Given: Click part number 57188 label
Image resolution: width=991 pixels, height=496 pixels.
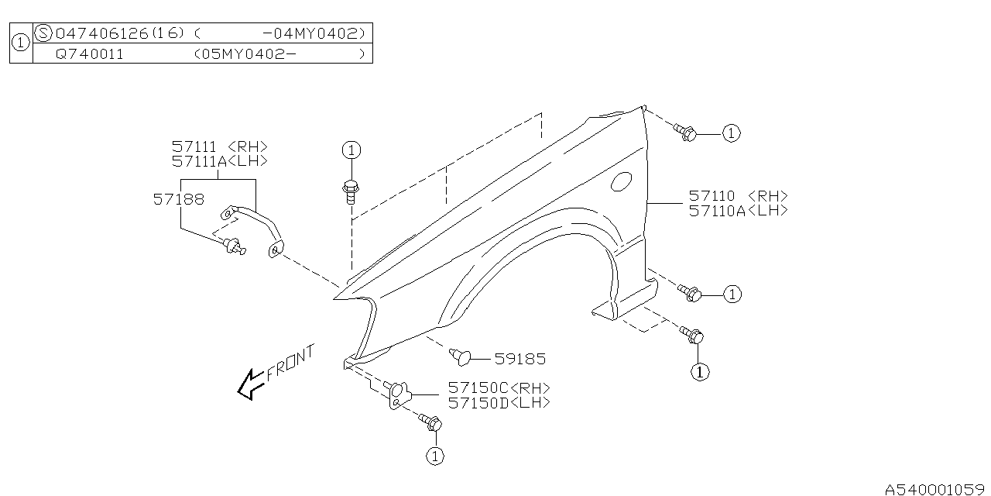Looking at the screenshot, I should [x=178, y=199].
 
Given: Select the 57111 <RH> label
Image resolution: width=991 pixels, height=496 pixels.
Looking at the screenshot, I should [x=219, y=146].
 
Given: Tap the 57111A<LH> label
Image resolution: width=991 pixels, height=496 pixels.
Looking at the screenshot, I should [x=219, y=161].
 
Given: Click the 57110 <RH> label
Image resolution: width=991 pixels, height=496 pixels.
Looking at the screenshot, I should [x=738, y=197].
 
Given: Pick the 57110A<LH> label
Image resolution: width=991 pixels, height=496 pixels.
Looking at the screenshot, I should [x=738, y=211].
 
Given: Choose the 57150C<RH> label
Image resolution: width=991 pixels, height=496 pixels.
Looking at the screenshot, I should [x=499, y=388].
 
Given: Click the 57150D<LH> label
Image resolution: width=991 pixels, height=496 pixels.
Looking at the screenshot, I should [x=499, y=403].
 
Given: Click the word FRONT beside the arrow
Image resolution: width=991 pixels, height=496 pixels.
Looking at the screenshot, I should [x=291, y=363].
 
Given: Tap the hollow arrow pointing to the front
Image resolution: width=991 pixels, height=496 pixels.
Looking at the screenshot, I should [x=250, y=384].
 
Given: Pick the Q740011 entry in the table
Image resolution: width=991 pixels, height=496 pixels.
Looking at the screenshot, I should [x=89, y=54].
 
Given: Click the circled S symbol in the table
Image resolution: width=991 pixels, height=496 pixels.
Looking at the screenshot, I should [x=44, y=33].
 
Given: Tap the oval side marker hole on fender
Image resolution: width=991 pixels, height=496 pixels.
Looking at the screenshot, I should [x=621, y=182].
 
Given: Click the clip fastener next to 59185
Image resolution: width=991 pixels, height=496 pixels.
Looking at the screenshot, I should [x=460, y=356].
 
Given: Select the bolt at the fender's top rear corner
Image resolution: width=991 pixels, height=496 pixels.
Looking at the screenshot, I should [x=685, y=133].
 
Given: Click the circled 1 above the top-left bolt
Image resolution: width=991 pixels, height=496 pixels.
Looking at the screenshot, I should [x=351, y=150].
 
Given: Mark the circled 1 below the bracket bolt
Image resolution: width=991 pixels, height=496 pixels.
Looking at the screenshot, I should [x=435, y=456].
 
